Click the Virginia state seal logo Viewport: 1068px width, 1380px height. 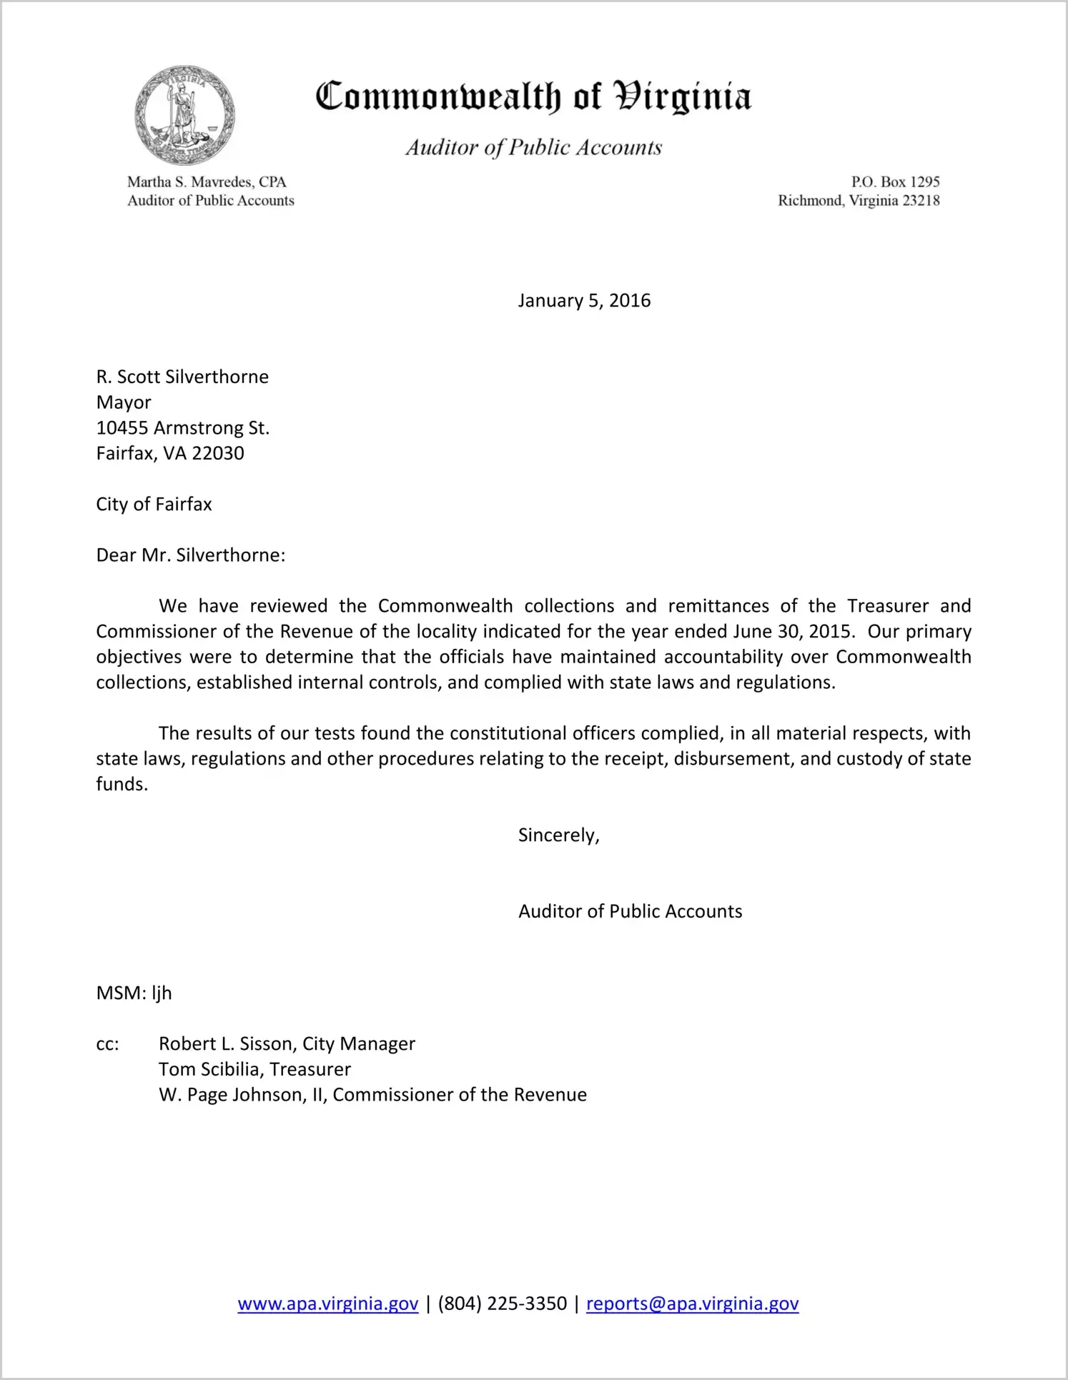point(185,115)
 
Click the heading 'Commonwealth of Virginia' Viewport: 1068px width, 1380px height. point(533,96)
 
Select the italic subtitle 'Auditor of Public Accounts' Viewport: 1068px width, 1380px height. point(533,147)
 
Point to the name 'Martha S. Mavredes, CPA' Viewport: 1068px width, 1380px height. point(207,182)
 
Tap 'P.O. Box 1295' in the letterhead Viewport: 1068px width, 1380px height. point(895,182)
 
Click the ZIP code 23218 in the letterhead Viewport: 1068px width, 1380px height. point(921,201)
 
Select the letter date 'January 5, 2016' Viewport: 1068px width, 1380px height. point(584,300)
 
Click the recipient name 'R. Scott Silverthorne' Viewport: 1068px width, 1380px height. point(182,377)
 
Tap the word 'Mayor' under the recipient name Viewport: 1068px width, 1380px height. point(124,402)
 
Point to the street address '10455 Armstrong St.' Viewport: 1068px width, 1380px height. point(182,428)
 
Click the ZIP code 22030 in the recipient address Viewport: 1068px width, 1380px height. point(218,453)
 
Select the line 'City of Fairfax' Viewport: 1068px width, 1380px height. point(154,505)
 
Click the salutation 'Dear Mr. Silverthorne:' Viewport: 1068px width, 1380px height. point(191,555)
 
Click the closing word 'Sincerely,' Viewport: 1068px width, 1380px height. point(558,835)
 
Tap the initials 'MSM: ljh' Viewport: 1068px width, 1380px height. point(134,993)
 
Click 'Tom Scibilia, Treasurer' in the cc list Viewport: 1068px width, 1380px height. point(254,1069)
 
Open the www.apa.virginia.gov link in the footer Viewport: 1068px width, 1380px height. point(327,1304)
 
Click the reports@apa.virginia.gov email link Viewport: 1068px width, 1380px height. point(692,1304)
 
